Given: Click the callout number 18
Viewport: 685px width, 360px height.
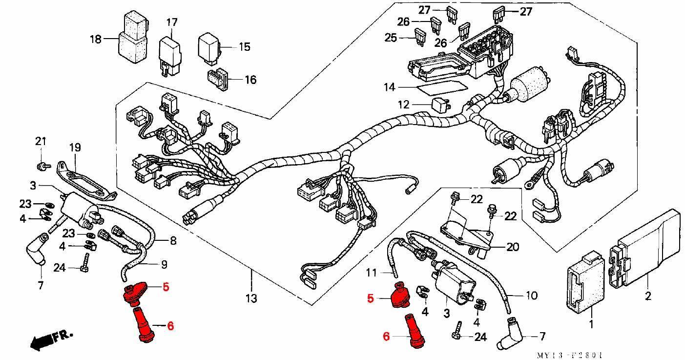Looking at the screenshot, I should [x=96, y=39].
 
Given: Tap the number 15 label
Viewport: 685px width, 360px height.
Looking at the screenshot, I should [x=245, y=47].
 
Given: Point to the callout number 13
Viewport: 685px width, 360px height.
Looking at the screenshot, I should [x=252, y=297].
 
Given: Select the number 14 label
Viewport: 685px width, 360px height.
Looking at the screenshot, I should [x=389, y=87].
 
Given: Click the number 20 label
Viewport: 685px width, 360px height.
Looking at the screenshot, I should [x=513, y=247].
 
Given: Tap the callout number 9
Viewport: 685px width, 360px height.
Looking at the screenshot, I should [x=164, y=265].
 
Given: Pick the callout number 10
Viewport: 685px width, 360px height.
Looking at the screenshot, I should [x=531, y=296].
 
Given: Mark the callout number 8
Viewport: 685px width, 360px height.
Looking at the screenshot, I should [x=173, y=241].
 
